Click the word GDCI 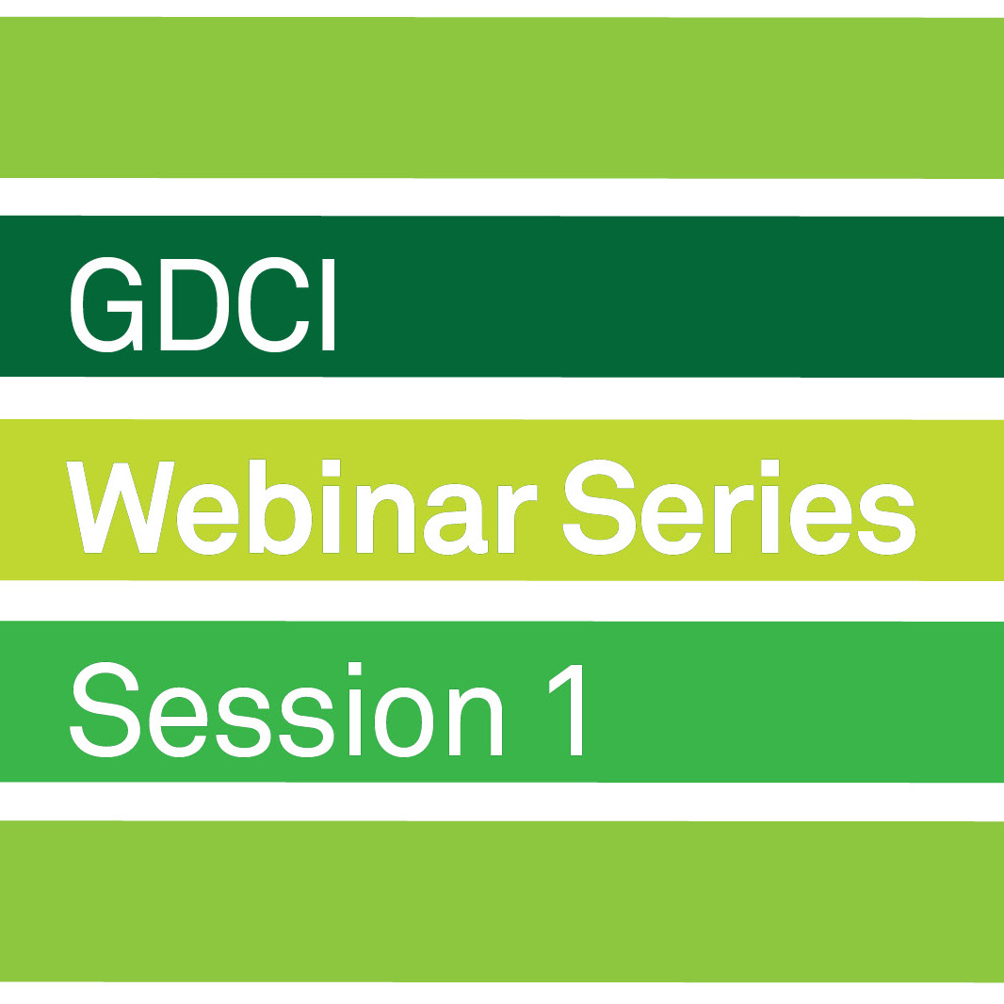[202, 305]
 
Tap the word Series [739, 507]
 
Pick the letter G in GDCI [106, 305]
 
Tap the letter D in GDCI [195, 305]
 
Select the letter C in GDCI [274, 305]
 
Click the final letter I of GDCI [329, 305]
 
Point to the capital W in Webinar [121, 507]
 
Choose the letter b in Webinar [281, 507]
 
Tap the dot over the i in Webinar [331, 468]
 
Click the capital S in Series [599, 507]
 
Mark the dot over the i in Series [770, 468]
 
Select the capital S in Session [105, 709]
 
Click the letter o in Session [404, 721]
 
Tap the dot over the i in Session [355, 669]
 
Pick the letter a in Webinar [456, 519]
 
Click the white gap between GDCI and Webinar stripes [502, 398]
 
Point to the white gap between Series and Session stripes [502, 601]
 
